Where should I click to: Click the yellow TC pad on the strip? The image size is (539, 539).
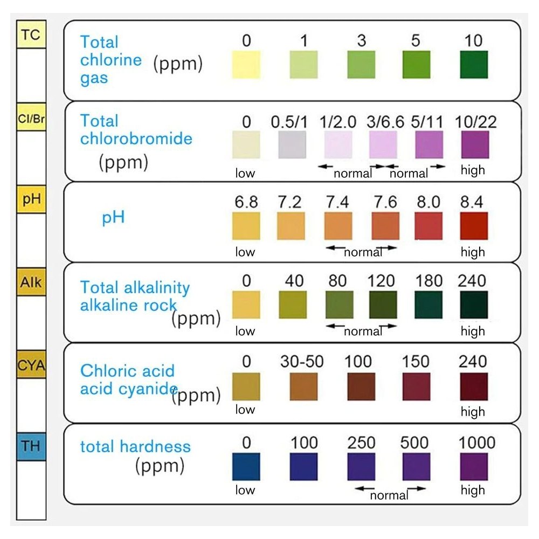point(31,35)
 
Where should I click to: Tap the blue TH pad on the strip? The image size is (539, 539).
point(31,445)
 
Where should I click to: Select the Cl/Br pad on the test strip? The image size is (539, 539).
point(31,118)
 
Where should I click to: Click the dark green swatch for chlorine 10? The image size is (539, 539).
point(474,65)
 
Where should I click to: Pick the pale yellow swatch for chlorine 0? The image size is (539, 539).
point(246,65)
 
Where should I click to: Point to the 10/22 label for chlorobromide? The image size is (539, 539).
point(474,122)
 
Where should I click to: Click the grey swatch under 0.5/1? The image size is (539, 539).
point(292,145)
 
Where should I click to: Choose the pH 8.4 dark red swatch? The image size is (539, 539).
point(474,226)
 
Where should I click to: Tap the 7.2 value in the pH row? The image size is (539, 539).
point(291,203)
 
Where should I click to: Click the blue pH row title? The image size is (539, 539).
point(113,218)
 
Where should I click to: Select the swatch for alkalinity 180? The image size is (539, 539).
point(429,305)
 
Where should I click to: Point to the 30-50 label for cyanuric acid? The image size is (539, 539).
point(302,362)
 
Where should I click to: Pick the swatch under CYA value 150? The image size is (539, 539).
point(416,386)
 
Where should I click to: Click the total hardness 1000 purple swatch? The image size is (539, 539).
point(474,466)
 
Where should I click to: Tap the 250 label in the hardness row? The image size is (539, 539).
point(361,443)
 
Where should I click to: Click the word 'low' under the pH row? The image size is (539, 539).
point(245,252)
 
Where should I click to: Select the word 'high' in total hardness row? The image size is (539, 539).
point(473,490)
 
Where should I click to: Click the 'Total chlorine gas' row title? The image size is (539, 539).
point(111,60)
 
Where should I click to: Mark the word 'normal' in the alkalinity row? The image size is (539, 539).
point(363,331)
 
